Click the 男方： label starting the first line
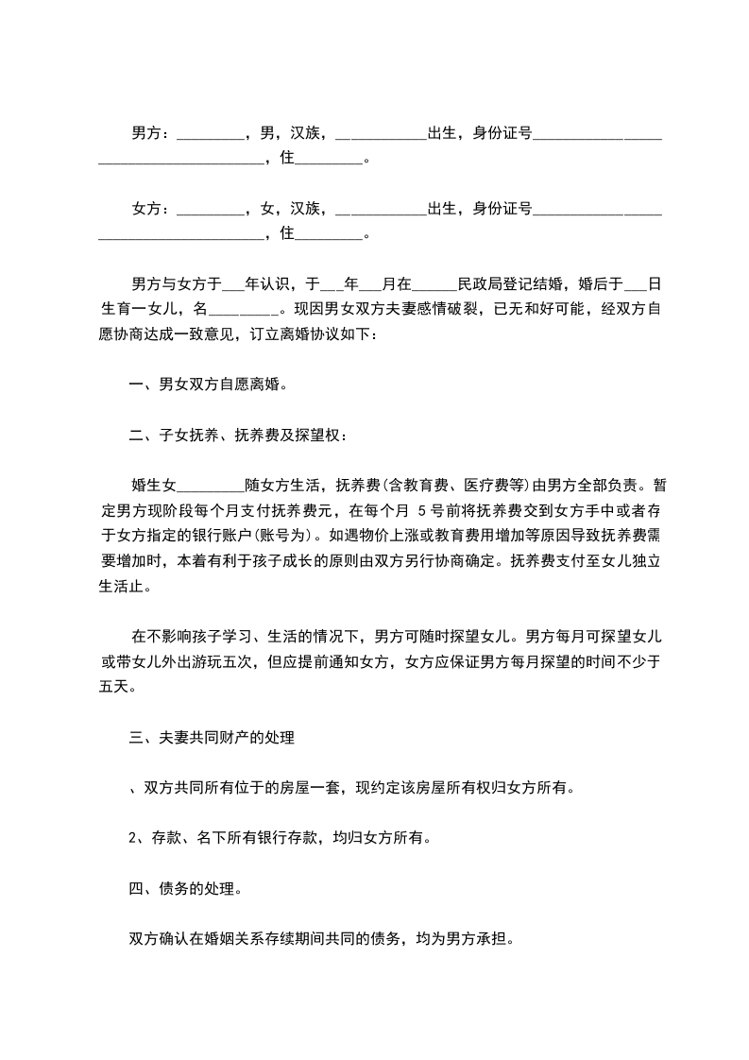coord(150,133)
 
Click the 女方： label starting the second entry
coord(150,208)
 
